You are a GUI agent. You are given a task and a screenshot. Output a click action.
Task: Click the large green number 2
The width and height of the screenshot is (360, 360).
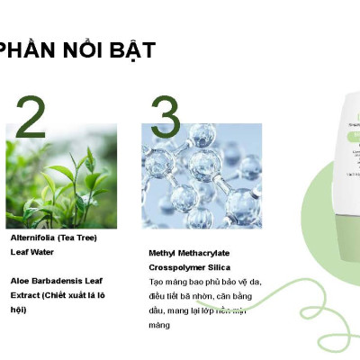(31, 116)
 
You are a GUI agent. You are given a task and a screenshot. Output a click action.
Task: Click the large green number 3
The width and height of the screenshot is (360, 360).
(165, 116)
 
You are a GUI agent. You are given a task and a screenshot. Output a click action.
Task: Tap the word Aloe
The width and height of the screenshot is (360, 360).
(19, 281)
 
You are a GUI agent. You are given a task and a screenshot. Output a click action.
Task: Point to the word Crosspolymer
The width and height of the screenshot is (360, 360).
(175, 267)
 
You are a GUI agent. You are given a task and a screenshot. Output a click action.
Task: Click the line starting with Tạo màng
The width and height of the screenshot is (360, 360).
(204, 282)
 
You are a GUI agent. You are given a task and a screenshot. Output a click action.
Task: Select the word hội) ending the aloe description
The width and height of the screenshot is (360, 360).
(19, 310)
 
